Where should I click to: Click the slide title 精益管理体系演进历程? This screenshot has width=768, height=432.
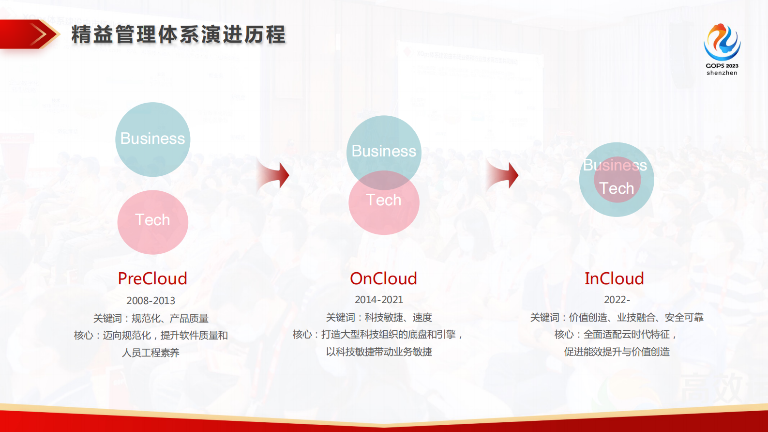(x=179, y=35)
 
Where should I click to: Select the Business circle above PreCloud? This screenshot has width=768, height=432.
(x=152, y=139)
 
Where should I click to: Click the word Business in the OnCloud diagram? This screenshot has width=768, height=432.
(x=384, y=151)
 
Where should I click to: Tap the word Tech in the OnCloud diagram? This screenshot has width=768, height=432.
(x=384, y=200)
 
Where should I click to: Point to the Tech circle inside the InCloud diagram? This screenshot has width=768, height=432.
(x=617, y=188)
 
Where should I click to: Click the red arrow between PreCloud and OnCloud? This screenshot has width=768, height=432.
(x=274, y=175)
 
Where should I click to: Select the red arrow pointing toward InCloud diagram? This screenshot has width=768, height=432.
(x=504, y=175)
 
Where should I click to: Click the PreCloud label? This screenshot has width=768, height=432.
(x=152, y=278)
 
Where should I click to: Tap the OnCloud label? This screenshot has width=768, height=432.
(x=383, y=278)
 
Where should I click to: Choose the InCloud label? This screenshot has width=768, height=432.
(x=614, y=278)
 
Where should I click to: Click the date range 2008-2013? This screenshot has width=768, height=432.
(x=151, y=301)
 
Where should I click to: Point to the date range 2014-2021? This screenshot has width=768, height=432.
(x=379, y=300)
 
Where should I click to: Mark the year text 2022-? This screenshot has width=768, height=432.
(x=617, y=300)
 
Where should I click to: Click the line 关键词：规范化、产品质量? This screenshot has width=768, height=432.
(x=151, y=318)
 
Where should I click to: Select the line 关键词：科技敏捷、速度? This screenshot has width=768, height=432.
(x=379, y=317)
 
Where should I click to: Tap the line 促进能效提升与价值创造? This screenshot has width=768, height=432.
(x=617, y=352)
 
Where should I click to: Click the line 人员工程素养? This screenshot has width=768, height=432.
(x=151, y=353)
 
